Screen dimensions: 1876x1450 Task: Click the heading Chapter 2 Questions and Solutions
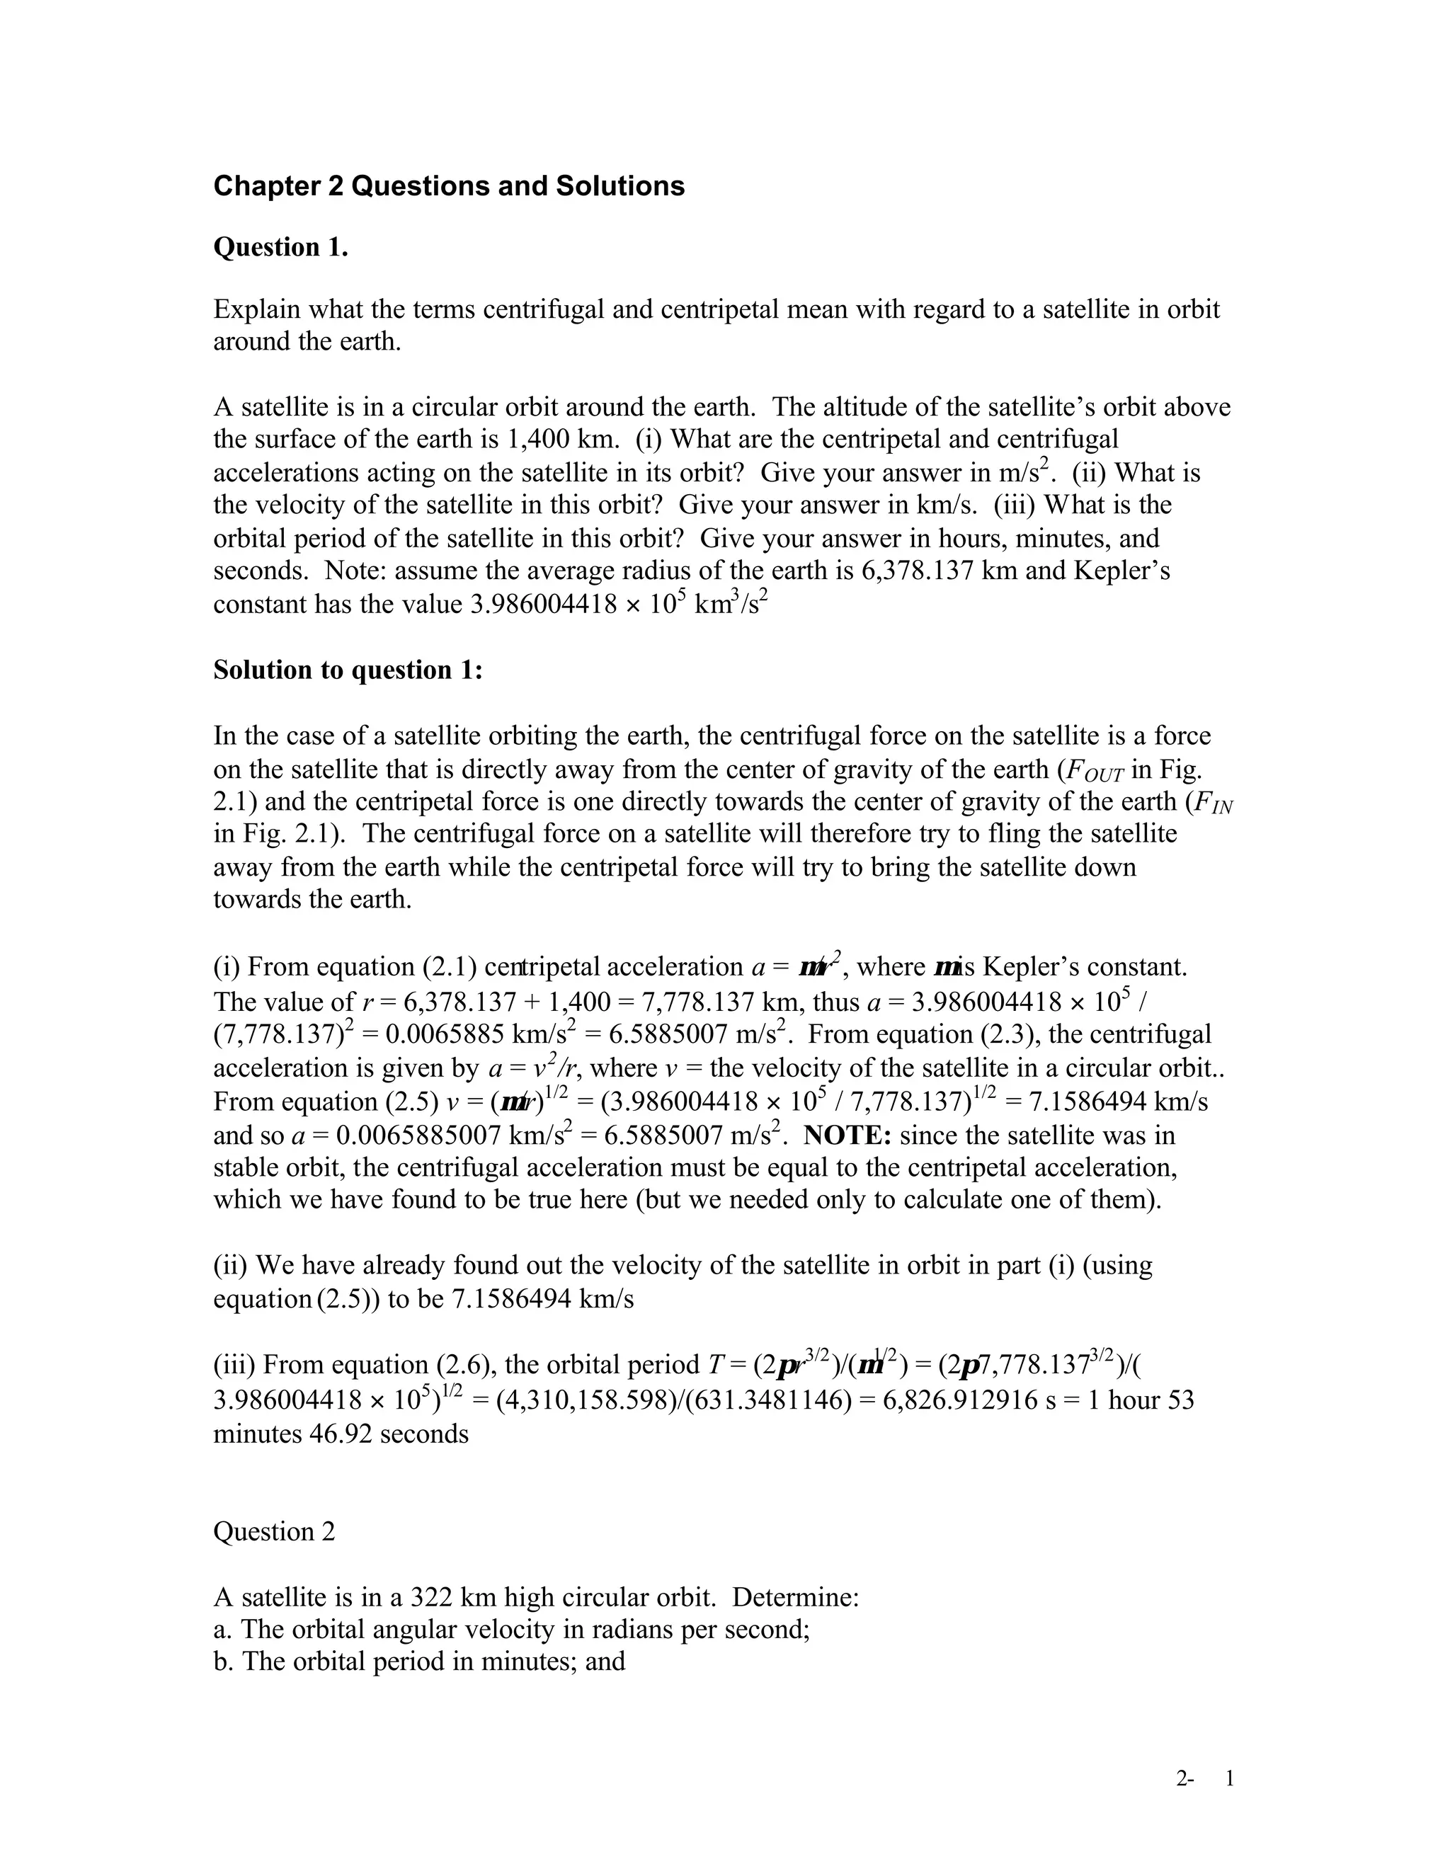pos(448,186)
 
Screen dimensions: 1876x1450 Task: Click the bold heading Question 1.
pos(280,247)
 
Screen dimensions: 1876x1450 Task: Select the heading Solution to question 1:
pos(348,670)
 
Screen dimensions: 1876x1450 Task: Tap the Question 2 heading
pos(274,1531)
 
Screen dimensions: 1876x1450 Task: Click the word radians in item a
pos(632,1630)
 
